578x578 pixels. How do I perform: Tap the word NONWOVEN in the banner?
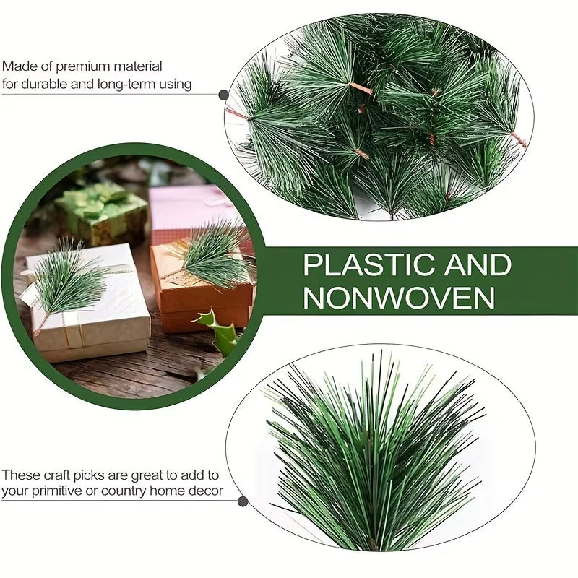(x=399, y=297)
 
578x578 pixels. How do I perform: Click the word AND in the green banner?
(x=473, y=265)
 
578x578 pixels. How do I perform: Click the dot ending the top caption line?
(x=224, y=95)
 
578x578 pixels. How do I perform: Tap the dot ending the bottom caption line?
(x=243, y=501)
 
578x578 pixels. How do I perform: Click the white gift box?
(x=94, y=318)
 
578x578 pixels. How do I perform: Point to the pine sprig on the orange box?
(x=210, y=253)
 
